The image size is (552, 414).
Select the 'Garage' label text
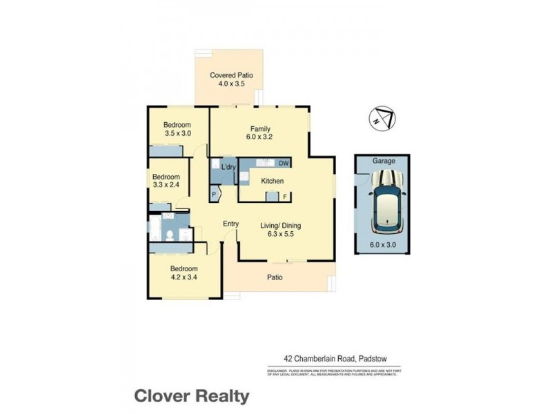384,161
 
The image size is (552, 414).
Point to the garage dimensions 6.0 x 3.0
384,244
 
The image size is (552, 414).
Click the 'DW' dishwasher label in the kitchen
284,164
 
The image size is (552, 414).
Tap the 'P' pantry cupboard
214,195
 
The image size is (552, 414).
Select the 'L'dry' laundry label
229,168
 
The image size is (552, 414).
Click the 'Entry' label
230,224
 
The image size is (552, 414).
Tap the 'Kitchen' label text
273,181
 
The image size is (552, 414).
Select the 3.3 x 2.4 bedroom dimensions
166,185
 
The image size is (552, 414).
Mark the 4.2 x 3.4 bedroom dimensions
184,277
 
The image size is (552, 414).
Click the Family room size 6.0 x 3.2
260,137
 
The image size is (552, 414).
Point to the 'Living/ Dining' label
280,226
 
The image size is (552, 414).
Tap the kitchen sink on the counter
266,164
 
